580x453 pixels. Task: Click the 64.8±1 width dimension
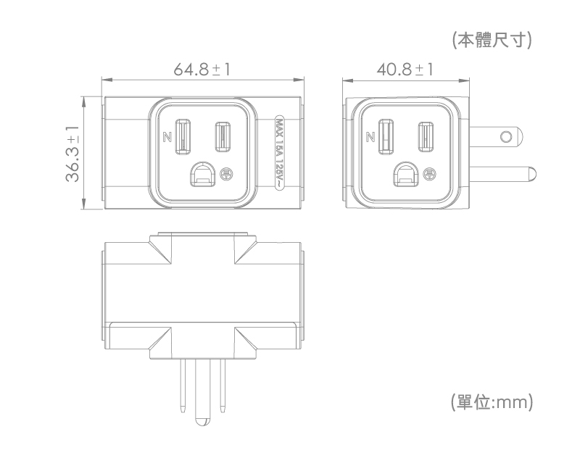click(202, 69)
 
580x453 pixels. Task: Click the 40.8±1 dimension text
click(405, 69)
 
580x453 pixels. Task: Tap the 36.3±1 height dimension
click(72, 154)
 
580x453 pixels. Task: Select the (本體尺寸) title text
click(492, 40)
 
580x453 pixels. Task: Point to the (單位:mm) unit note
click(492, 402)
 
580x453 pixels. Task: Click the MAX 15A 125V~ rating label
click(280, 153)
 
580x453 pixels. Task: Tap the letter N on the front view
click(167, 137)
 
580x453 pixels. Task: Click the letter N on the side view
click(370, 137)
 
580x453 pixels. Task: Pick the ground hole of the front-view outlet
click(202, 174)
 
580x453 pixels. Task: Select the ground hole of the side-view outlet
click(406, 174)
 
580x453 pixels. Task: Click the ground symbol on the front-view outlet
click(225, 173)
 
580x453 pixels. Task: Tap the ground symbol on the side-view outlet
click(429, 173)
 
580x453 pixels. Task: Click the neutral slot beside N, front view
click(183, 136)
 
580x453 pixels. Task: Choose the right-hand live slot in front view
click(223, 136)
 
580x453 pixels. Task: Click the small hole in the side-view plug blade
click(506, 136)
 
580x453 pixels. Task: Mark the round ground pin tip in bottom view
click(203, 422)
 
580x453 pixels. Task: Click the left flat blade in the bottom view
click(183, 386)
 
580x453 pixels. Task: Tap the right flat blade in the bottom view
click(223, 386)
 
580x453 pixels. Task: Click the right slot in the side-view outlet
click(426, 136)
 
